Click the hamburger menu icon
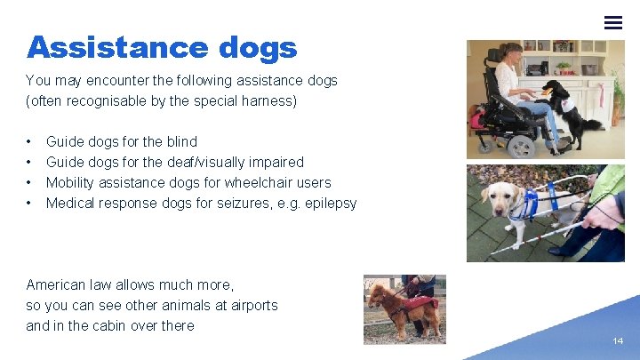[613, 22]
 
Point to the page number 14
[618, 340]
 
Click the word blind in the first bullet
[181, 141]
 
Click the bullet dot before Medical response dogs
[30, 203]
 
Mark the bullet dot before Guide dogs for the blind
[30, 141]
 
